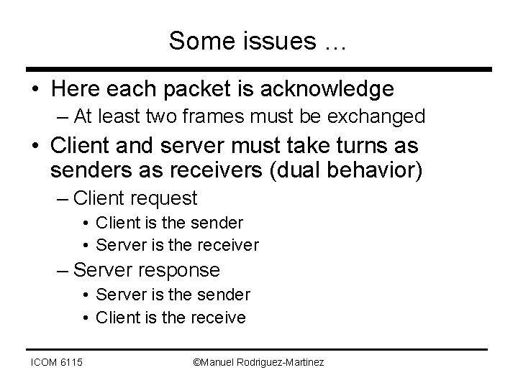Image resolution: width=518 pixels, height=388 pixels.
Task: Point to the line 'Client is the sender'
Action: pyautogui.click(x=169, y=223)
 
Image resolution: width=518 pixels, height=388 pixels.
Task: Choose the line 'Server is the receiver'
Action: pyautogui.click(x=177, y=245)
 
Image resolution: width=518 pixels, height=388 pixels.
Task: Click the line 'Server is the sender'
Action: pyautogui.click(x=173, y=295)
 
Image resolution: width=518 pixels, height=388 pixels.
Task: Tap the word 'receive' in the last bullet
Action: pyautogui.click(x=219, y=317)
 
